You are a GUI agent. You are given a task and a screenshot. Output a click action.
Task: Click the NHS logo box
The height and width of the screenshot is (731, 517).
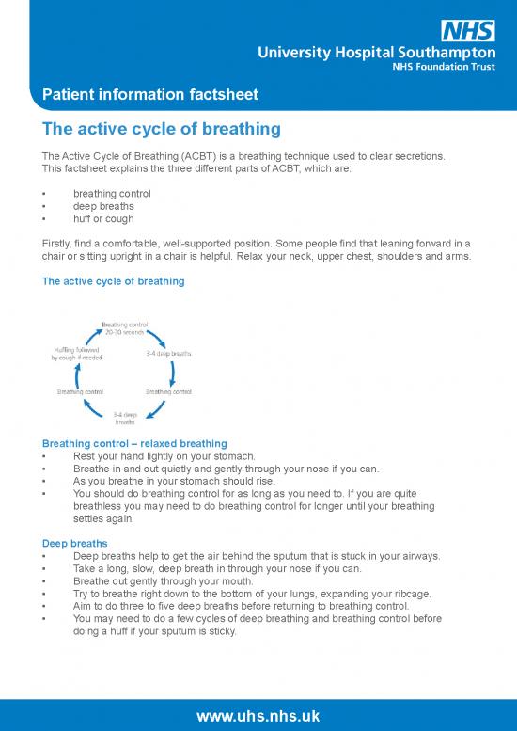tap(468, 30)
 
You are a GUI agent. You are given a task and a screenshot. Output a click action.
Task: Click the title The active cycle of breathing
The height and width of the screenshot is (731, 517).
tap(162, 127)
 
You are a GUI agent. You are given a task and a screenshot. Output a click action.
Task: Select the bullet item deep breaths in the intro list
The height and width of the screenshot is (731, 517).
tap(103, 206)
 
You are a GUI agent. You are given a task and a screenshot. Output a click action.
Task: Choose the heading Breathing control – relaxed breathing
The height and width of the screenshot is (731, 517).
tap(134, 443)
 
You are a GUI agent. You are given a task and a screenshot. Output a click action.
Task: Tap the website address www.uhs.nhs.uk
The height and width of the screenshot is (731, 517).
tap(258, 716)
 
